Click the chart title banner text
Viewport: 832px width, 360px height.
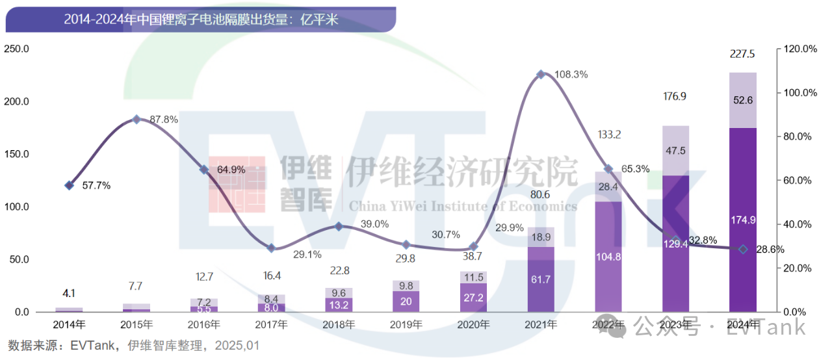[x=201, y=19]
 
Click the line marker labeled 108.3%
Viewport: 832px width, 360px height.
[x=541, y=75]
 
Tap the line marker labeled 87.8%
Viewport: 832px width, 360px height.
[x=136, y=120]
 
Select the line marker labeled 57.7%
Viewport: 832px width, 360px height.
[x=70, y=185]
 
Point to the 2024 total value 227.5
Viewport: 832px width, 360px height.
[x=742, y=55]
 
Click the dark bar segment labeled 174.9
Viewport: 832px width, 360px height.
[x=743, y=220]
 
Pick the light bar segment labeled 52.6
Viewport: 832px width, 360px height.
[x=743, y=100]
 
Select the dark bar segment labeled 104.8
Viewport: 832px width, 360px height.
[x=609, y=257]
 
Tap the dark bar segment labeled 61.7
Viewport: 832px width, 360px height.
[x=541, y=279]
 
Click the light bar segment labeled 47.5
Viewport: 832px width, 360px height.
[x=675, y=151]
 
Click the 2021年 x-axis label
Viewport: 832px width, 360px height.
[x=541, y=324]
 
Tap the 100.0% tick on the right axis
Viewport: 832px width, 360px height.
[x=800, y=93]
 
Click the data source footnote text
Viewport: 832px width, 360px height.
[x=133, y=346]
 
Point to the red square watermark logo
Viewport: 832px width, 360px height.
[x=237, y=184]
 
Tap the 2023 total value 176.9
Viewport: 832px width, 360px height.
[x=675, y=97]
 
